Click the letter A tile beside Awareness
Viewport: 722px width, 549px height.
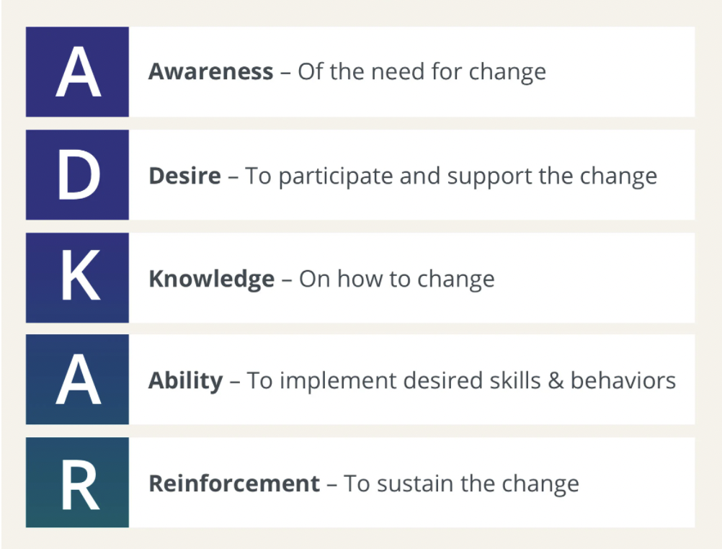pyautogui.click(x=77, y=71)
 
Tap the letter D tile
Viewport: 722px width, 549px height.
pyautogui.click(x=77, y=174)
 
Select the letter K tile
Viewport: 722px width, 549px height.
pyautogui.click(x=77, y=277)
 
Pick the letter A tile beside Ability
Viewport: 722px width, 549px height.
pyautogui.click(x=77, y=380)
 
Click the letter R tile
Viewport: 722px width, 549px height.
pyautogui.click(x=77, y=482)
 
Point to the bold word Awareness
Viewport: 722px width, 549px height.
pyautogui.click(x=211, y=71)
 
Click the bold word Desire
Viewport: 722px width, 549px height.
pyautogui.click(x=184, y=176)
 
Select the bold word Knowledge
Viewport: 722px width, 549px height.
pyautogui.click(x=212, y=280)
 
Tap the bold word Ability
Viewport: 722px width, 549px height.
pyautogui.click(x=186, y=381)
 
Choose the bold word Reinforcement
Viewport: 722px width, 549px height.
pyautogui.click(x=234, y=483)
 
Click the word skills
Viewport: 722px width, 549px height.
pyautogui.click(x=514, y=380)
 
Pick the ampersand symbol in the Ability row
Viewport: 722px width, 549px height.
pyautogui.click(x=556, y=381)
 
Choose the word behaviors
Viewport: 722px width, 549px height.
pyautogui.click(x=623, y=380)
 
